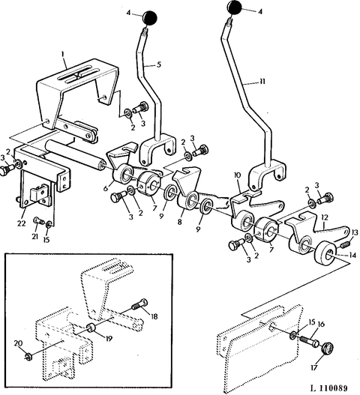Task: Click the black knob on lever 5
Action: (150, 18)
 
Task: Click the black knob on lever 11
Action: (235, 7)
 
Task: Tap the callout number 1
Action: (63, 54)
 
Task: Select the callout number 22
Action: (21, 223)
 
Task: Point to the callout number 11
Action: (262, 82)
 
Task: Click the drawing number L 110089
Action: (329, 388)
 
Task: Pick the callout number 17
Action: (313, 368)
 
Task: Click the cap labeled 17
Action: (328, 349)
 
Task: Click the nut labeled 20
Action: (28, 356)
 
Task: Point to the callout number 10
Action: (237, 175)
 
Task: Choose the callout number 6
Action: (106, 188)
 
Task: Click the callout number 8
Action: (179, 222)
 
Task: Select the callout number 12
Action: (325, 217)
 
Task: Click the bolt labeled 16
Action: (309, 342)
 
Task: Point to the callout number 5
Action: (158, 64)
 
